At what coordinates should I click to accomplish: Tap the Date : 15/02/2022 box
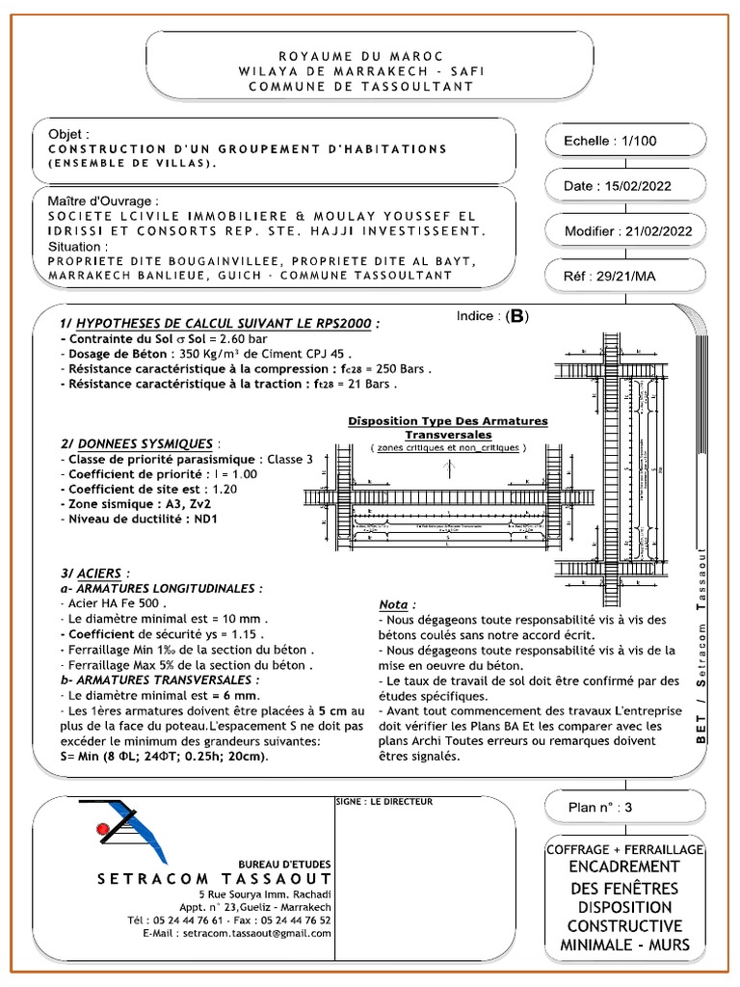(x=617, y=186)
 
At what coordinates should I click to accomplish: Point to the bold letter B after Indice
(x=518, y=317)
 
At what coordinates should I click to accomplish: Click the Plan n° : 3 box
(x=601, y=809)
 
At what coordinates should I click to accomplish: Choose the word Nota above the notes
(x=398, y=604)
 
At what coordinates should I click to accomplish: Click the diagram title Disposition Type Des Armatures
(x=447, y=421)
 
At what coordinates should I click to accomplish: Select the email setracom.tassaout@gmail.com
(x=250, y=934)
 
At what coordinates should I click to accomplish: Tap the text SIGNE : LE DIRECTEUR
(x=384, y=801)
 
